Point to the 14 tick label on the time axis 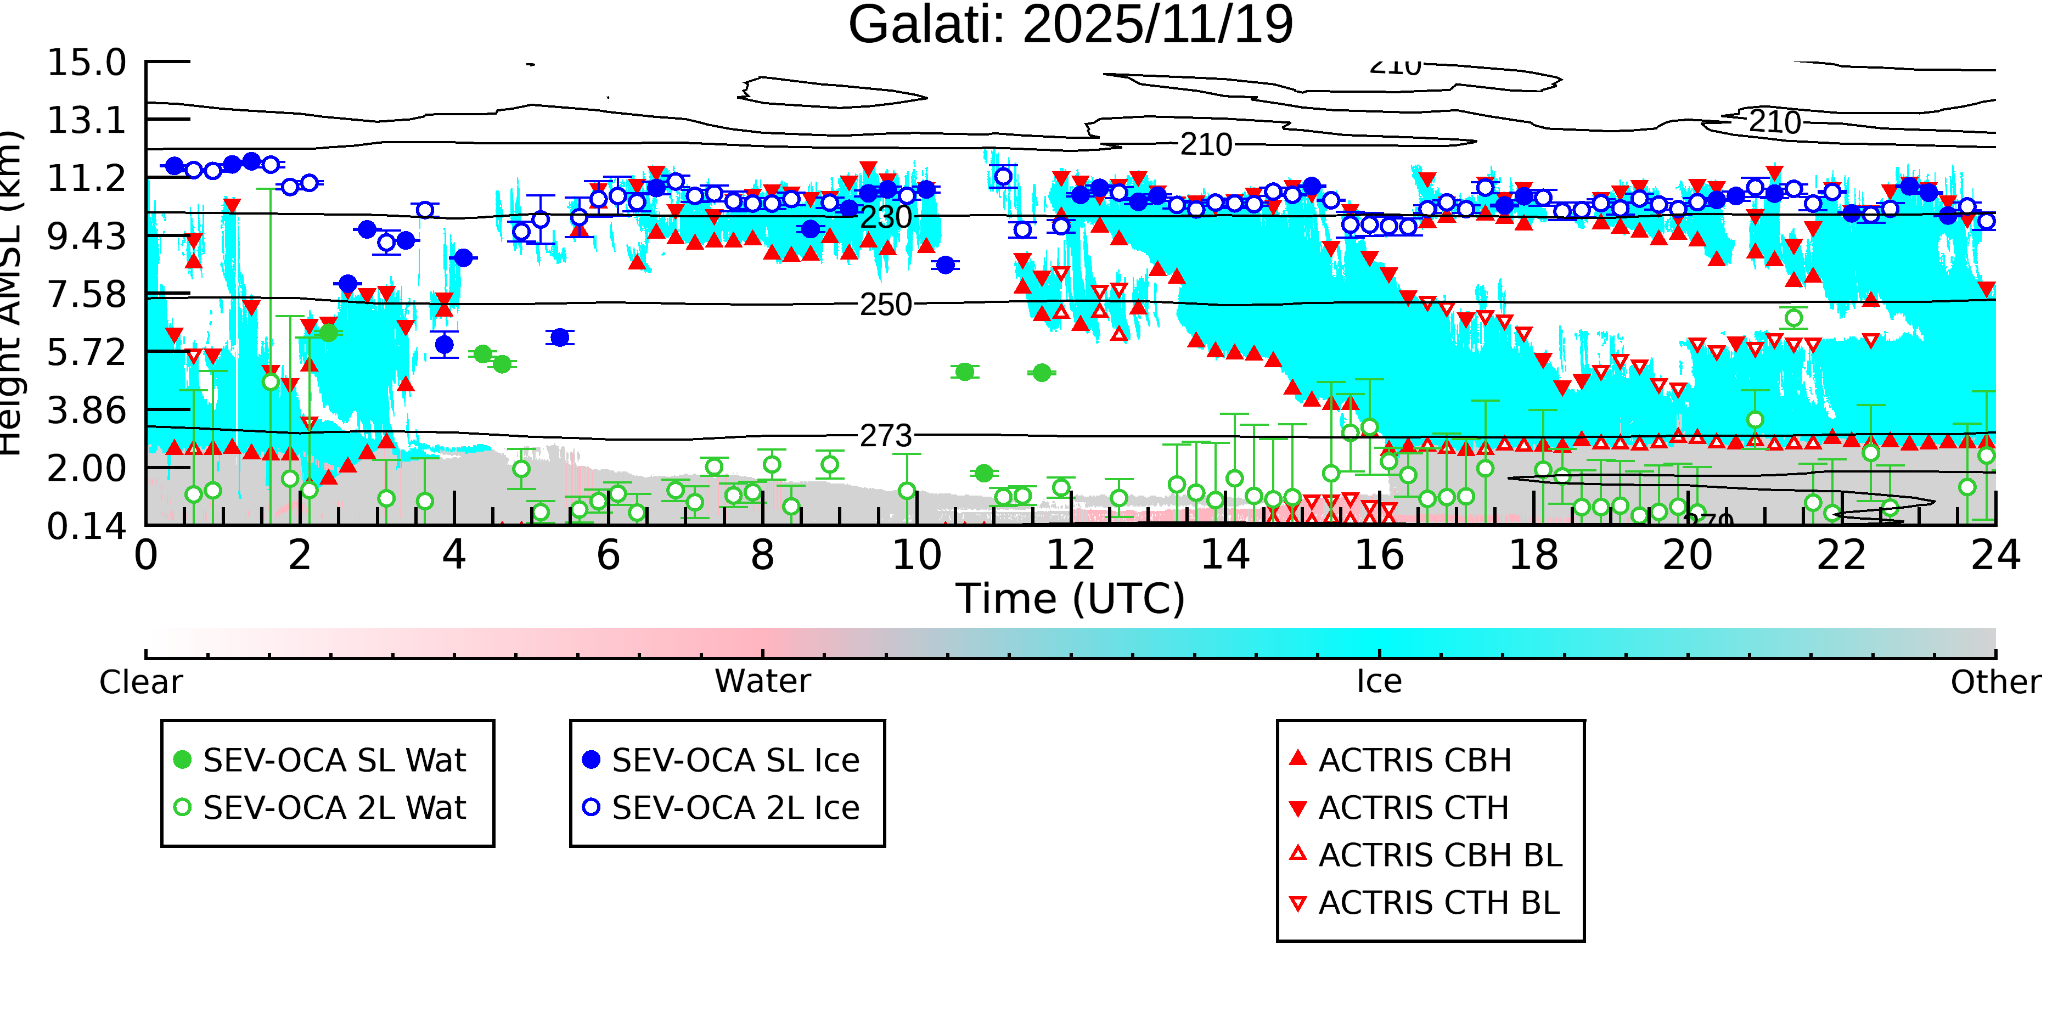[x=1225, y=555]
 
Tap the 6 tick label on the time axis [x=608, y=555]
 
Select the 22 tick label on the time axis [x=1841, y=555]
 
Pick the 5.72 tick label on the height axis [x=86, y=352]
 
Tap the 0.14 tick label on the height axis [x=86, y=526]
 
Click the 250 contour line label [x=885, y=305]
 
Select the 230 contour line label [x=885, y=217]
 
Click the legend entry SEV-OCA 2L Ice [x=735, y=808]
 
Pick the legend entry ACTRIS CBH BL [x=1440, y=856]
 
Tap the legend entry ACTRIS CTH [x=1413, y=808]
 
